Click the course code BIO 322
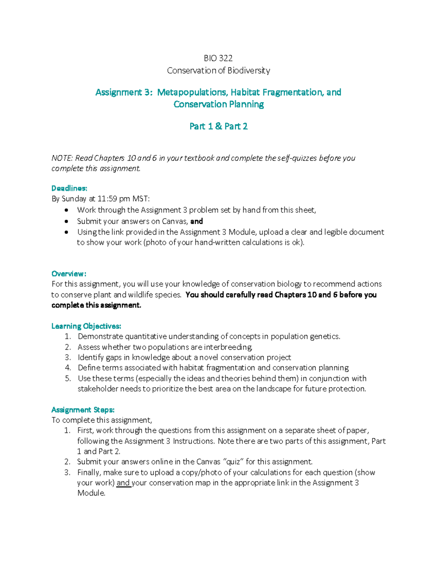pos(218,58)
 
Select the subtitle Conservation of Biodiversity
pos(219,71)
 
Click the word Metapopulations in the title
pos(192,92)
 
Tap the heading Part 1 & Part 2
pos(219,126)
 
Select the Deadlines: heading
pos(69,188)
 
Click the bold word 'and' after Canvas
pos(197,222)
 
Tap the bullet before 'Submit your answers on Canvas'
pos(66,222)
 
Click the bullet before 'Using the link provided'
pos(66,232)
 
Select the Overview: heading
pos(69,274)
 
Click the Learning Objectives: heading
pos(86,326)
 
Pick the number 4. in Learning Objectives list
pos(68,368)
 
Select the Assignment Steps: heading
pos(83,410)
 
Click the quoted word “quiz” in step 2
pos(233,462)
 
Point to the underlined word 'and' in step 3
pos(123,483)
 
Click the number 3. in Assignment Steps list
pos(67,473)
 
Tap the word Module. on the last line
pos(91,493)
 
